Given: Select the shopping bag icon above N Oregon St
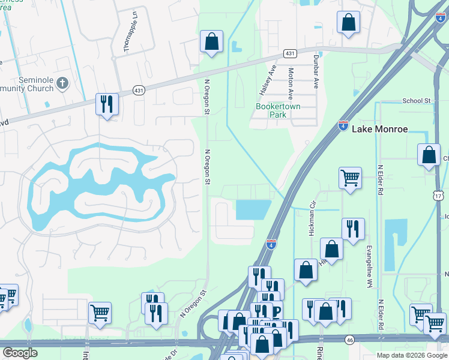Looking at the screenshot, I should pos(211,42).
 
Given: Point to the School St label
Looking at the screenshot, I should pos(417,101).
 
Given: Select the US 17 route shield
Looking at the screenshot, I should pos(439,196).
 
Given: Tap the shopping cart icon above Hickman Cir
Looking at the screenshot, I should pos(350,178).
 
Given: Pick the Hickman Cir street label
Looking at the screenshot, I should pos(312,211).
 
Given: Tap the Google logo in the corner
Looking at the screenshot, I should pos(20,353).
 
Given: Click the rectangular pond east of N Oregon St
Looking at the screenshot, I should pos(253,209).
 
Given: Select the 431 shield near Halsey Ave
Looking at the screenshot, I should pos(290,53).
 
